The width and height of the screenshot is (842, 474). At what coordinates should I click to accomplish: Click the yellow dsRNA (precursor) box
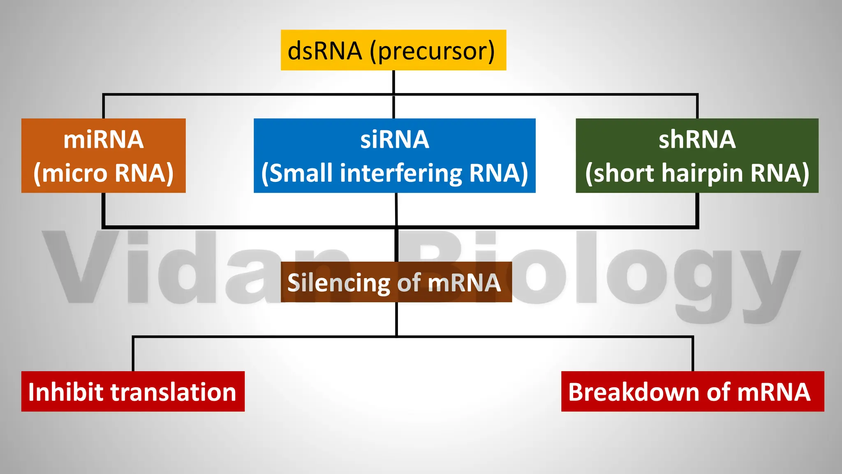tap(393, 50)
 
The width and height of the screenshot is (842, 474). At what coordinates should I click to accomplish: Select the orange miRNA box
tap(103, 156)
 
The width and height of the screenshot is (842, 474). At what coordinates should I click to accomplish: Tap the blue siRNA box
tap(394, 156)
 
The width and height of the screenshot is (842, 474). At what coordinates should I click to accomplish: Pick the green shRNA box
tap(697, 156)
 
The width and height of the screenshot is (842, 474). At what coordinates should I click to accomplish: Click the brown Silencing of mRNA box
tap(396, 282)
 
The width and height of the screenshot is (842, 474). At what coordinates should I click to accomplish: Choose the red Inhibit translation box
tap(133, 391)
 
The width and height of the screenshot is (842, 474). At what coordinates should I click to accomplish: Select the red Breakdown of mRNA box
tap(692, 391)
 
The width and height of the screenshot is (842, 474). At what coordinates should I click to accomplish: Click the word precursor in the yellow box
tap(433, 51)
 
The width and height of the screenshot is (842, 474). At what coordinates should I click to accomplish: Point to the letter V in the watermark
tap(80, 267)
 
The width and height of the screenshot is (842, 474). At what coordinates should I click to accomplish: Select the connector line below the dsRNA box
tap(393, 82)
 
